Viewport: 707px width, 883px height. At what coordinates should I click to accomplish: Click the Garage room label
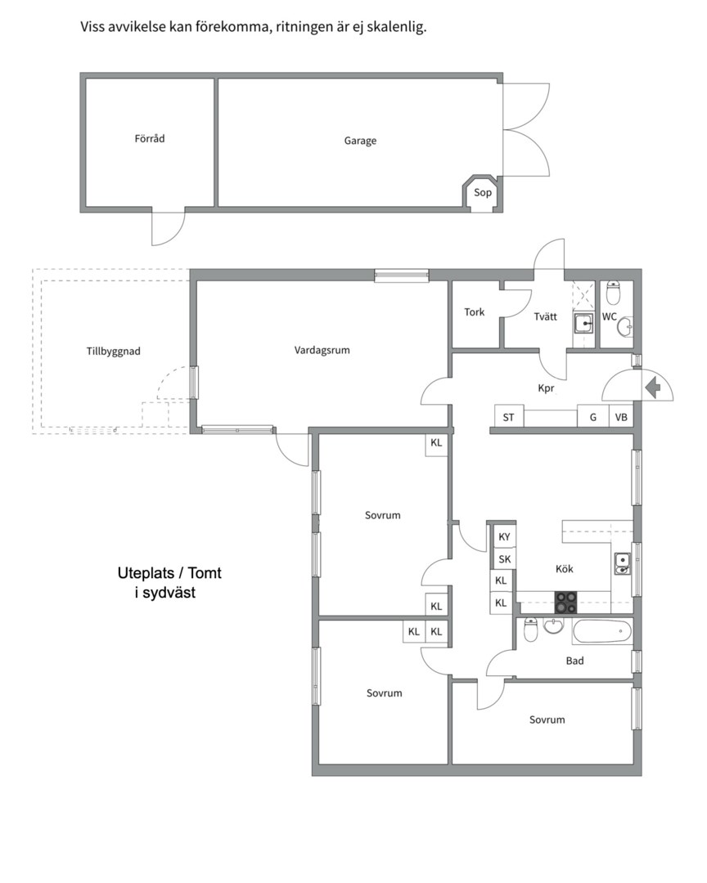(360, 141)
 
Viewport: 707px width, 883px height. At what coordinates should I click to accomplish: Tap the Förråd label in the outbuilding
(150, 138)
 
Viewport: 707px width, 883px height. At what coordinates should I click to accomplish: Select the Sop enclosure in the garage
(482, 193)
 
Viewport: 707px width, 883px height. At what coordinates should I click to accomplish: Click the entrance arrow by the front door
(653, 388)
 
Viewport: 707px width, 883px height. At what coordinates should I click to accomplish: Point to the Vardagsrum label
(322, 350)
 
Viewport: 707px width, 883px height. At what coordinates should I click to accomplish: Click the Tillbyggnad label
(113, 352)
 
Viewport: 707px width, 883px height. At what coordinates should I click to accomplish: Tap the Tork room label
(474, 312)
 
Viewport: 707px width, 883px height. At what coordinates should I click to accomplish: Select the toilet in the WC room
(613, 292)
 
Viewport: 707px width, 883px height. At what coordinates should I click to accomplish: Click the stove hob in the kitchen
(566, 602)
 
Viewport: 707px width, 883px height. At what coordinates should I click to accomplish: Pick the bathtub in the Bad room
(602, 631)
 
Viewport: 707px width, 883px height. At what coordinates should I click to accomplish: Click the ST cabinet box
(508, 417)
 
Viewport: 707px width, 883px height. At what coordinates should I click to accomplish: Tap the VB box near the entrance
(621, 417)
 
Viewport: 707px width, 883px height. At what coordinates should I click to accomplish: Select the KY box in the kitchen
(504, 536)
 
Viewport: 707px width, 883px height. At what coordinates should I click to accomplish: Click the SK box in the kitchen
(504, 559)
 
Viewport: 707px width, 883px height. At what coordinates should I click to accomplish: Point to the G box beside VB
(593, 417)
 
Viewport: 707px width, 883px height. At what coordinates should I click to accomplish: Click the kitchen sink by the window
(622, 564)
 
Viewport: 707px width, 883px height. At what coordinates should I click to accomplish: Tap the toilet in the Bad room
(531, 630)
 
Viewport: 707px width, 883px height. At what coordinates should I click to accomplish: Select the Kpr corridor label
(546, 388)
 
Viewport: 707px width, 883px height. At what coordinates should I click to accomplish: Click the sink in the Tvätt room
(583, 323)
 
